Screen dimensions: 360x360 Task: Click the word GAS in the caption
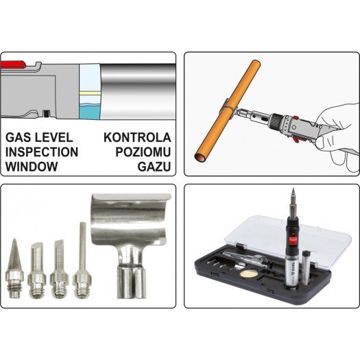click(19, 138)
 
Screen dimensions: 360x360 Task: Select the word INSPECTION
click(42, 152)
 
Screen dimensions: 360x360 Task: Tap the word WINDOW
click(32, 167)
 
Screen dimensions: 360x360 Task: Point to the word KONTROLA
click(137, 138)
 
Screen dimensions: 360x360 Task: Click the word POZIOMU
click(143, 152)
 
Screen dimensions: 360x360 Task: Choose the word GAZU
click(154, 167)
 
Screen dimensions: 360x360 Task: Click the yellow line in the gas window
click(90, 93)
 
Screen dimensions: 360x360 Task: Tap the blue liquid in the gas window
click(90, 112)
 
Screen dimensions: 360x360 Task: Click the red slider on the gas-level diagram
click(13, 64)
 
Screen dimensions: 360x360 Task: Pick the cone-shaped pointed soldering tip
click(14, 269)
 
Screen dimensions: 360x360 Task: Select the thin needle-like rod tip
click(82, 261)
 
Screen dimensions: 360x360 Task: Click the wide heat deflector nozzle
click(131, 245)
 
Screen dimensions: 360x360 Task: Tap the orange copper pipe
click(228, 111)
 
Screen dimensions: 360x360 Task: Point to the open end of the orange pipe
click(200, 158)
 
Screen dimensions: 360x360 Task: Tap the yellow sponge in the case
click(247, 273)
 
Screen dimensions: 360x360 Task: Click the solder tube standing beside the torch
click(306, 269)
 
